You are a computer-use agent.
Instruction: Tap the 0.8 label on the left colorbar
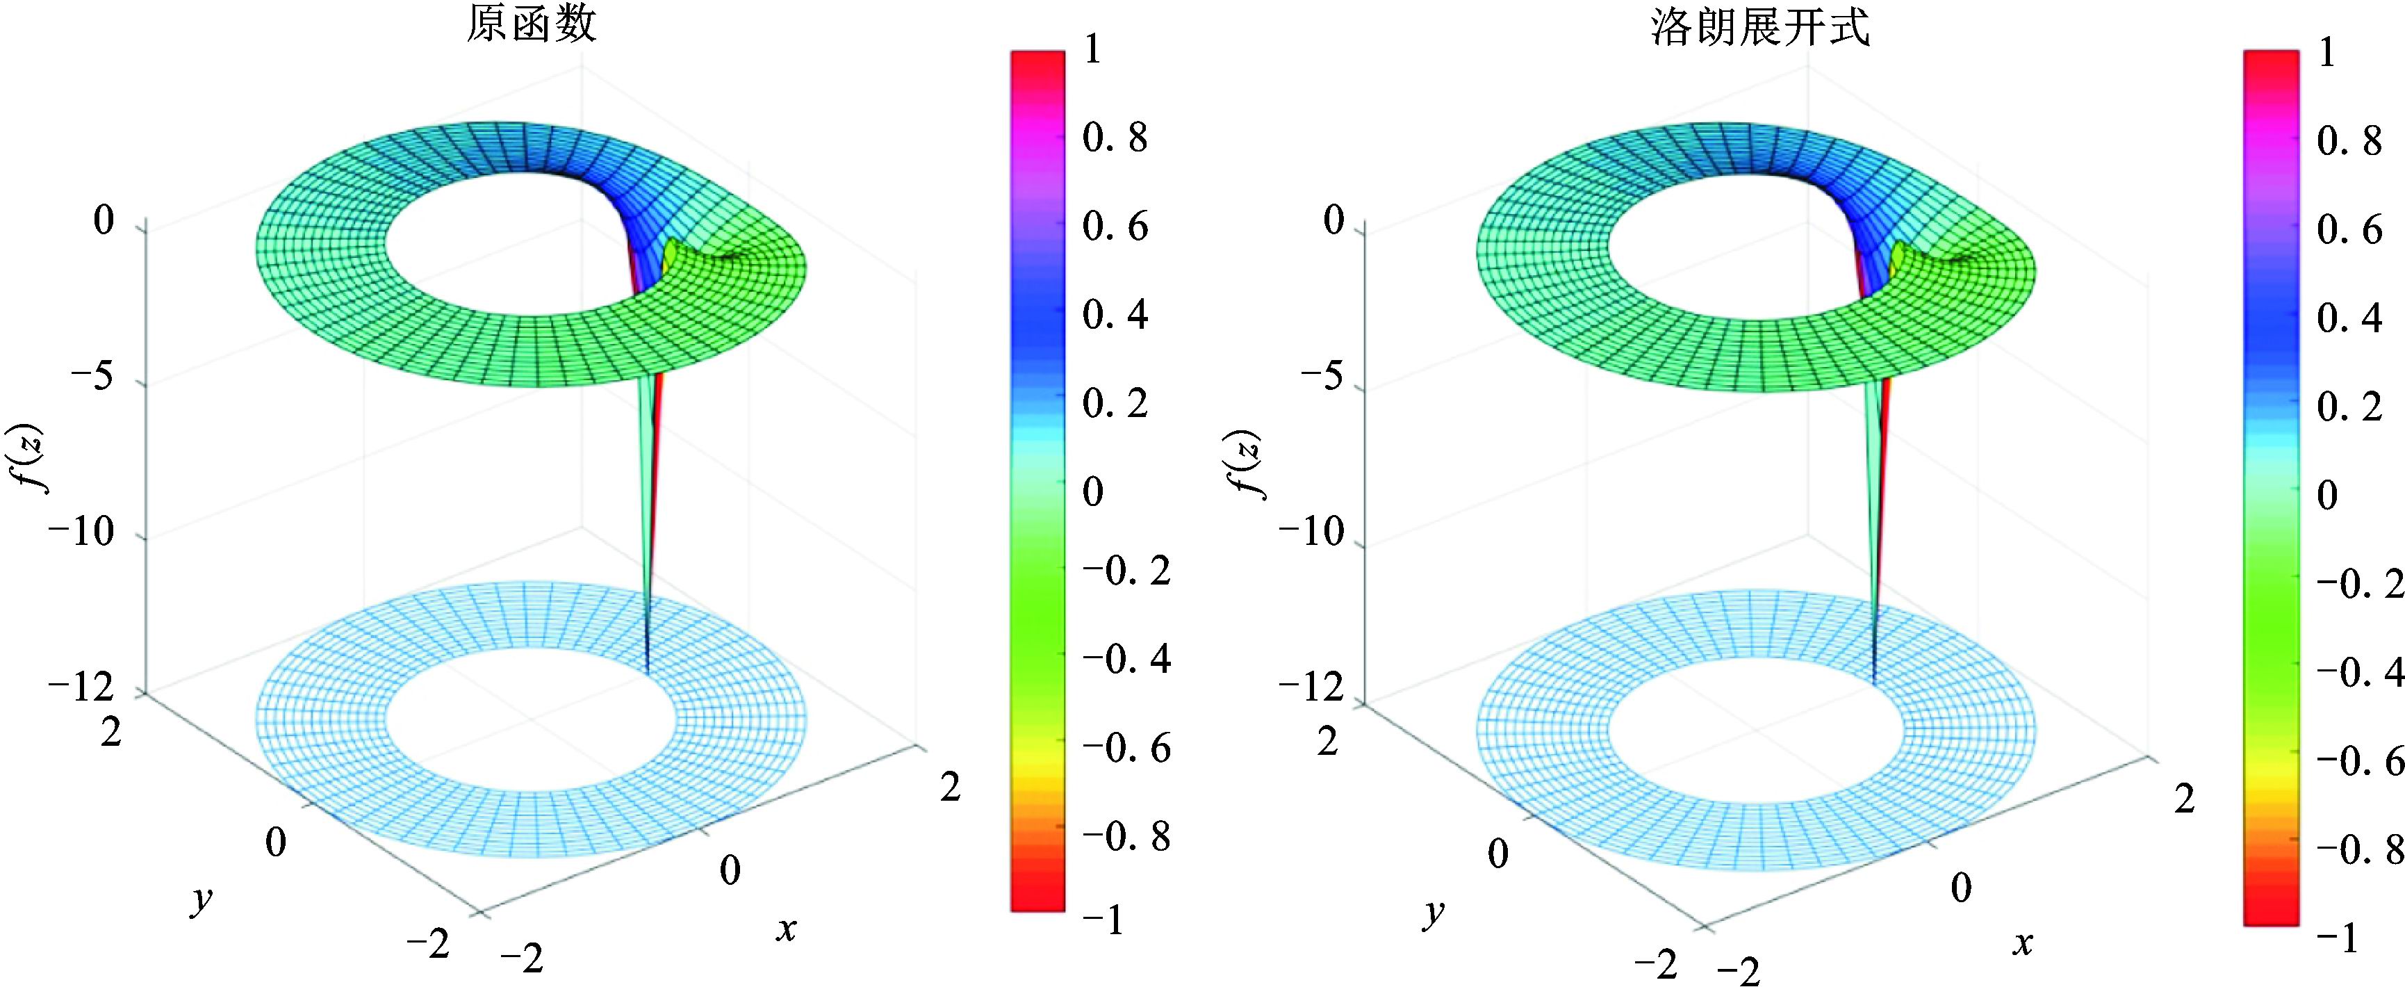pos(1115,138)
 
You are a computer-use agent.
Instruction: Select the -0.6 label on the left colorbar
pos(1126,749)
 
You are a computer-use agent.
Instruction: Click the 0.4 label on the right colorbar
pos(2349,319)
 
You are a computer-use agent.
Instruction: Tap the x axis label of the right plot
pos(2022,944)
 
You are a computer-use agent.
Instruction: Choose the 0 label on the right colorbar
pos(2327,495)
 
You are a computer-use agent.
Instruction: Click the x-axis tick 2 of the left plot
pos(949,788)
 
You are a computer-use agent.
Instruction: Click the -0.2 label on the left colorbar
pos(1126,571)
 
